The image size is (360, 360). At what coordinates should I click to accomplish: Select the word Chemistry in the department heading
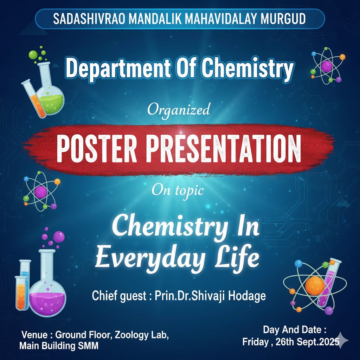[x=247, y=68]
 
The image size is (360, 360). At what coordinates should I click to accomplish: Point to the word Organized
[x=179, y=110]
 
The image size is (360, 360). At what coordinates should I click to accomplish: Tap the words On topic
[x=178, y=190]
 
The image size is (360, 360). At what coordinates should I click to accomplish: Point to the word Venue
[x=34, y=335]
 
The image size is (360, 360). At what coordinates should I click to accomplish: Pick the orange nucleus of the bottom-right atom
[x=315, y=286]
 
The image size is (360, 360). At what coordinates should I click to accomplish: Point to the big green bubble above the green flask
[x=33, y=54]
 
